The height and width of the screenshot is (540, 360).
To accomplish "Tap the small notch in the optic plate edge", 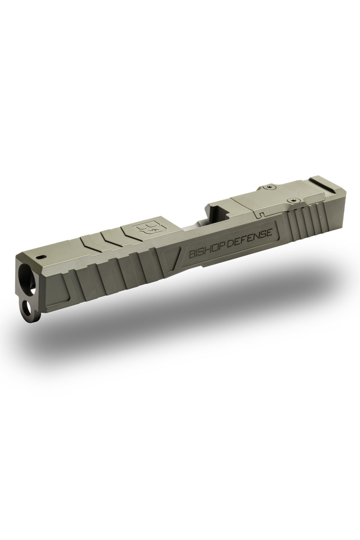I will pyautogui.click(x=262, y=215).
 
